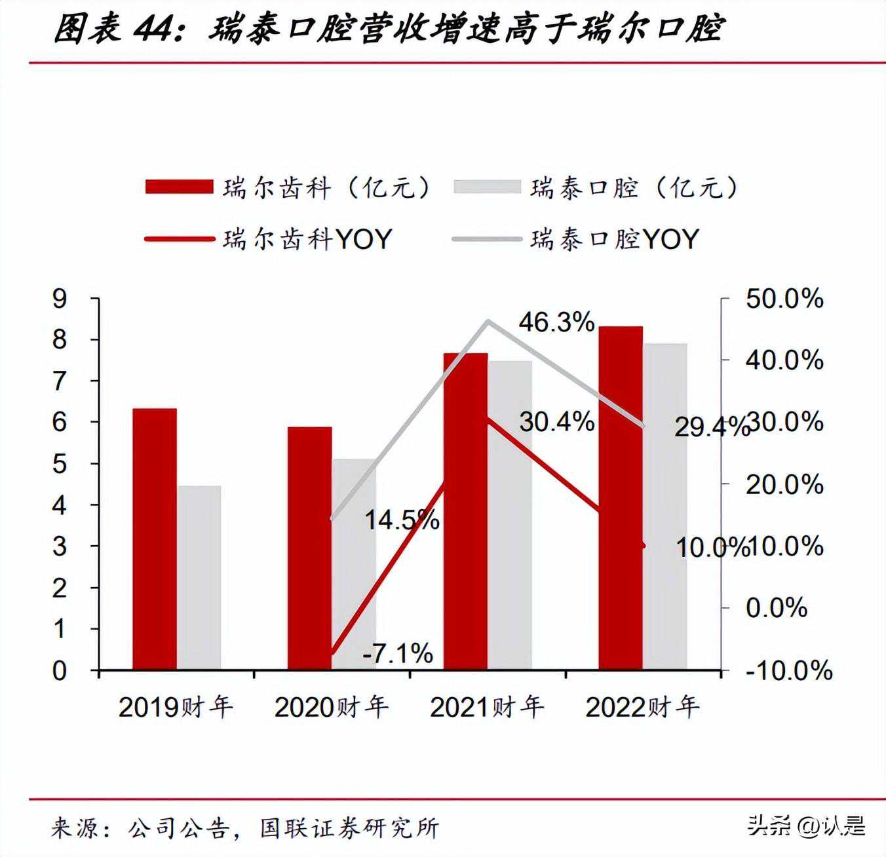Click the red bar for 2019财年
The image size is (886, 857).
tap(155, 539)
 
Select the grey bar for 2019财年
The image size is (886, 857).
tap(199, 577)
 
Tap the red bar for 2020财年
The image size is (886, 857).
tap(309, 548)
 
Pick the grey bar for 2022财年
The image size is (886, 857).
tap(665, 506)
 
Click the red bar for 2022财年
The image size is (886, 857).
tap(621, 497)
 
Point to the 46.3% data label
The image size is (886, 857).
tap(556, 322)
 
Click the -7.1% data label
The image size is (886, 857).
tap(398, 653)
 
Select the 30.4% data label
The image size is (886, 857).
tap(556, 422)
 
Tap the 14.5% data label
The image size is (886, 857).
tap(401, 520)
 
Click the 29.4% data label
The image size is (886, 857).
tap(710, 428)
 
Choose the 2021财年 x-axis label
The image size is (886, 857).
tap(487, 707)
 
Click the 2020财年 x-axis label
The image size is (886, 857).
tap(332, 707)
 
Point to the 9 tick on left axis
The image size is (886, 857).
tap(60, 299)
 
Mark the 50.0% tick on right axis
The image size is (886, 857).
tap(784, 299)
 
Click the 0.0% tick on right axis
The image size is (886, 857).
tap(776, 608)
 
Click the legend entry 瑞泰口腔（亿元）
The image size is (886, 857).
tap(634, 188)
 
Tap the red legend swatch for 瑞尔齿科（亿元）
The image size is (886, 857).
tap(179, 187)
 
